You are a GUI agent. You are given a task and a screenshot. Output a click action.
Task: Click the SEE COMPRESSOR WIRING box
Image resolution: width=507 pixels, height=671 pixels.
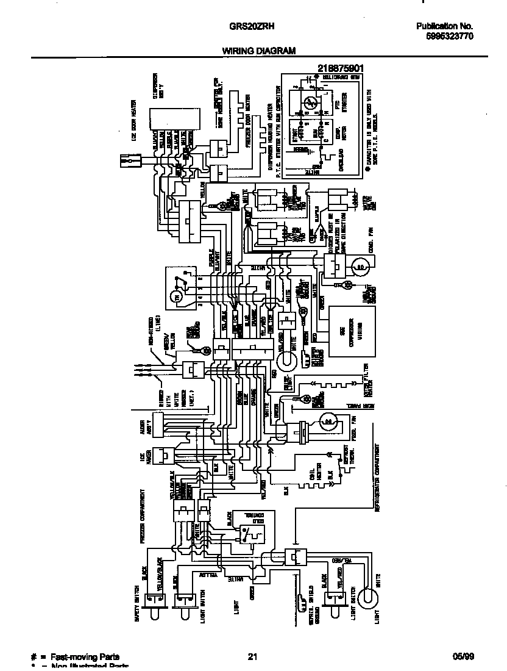(352, 331)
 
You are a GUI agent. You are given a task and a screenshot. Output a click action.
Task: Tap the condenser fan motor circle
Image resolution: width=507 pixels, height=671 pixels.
(360, 267)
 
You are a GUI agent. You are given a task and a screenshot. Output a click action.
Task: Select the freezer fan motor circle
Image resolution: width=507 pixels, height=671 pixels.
(328, 421)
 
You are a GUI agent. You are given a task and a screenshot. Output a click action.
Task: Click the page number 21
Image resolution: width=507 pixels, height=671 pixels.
(252, 656)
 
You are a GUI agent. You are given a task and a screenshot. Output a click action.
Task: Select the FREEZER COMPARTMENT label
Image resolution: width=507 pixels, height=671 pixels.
(141, 515)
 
